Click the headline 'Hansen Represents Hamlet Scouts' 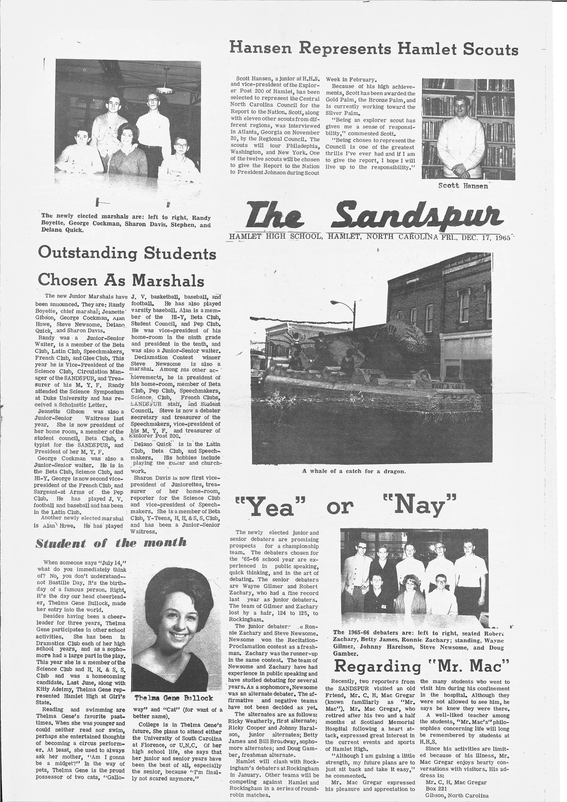pyautogui.click(x=373, y=49)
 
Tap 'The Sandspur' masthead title pyautogui.click(x=374, y=214)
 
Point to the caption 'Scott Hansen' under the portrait pyautogui.click(x=463, y=186)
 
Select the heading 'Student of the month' pyautogui.click(x=111, y=543)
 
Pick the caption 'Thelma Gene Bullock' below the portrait pyautogui.click(x=174, y=698)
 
